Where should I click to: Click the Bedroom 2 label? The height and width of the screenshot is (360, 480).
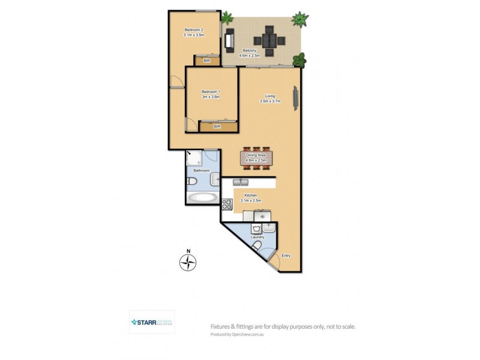(x=194, y=31)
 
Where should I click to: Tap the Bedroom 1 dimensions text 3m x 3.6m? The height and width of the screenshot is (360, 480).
(x=211, y=97)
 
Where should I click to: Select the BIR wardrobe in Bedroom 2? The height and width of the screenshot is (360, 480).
(x=206, y=61)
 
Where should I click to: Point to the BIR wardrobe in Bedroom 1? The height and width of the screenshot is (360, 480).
(x=217, y=127)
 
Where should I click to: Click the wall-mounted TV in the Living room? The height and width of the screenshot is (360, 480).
(x=295, y=98)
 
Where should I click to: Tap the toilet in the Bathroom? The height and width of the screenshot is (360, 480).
(x=190, y=181)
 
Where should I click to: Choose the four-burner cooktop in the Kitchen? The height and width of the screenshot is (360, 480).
(x=227, y=203)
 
